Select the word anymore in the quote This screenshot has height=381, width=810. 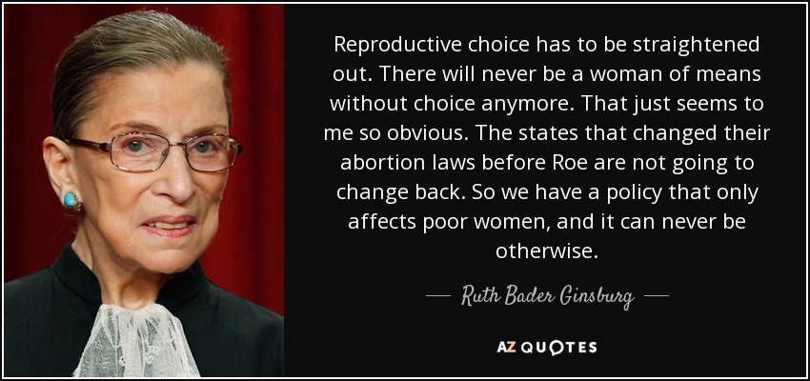(520, 105)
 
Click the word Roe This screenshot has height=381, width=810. (562, 164)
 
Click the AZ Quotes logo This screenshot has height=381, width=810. (547, 348)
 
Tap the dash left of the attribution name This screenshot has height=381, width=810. (437, 297)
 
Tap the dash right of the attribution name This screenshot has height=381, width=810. (657, 297)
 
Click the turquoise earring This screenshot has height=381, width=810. (71, 200)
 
